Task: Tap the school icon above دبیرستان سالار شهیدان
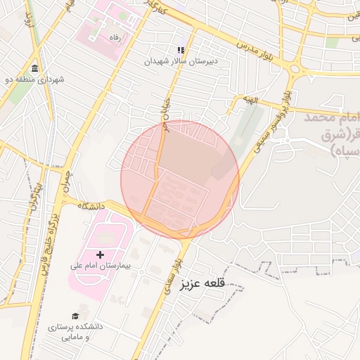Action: point(181,50)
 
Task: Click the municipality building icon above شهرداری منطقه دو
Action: point(35,68)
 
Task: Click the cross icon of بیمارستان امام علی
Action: point(100,254)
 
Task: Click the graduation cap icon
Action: point(75,316)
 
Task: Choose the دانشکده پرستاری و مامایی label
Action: point(75,332)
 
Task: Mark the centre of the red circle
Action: point(180,180)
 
